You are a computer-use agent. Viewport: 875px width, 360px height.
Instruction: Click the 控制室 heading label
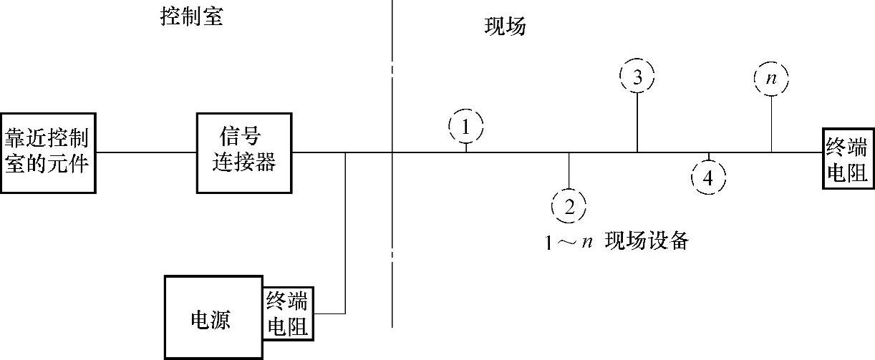pos(191,16)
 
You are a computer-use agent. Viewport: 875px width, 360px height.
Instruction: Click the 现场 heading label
pos(505,27)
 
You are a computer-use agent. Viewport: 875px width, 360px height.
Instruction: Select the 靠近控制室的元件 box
pos(48,152)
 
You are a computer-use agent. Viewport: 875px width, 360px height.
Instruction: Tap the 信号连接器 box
pos(244,152)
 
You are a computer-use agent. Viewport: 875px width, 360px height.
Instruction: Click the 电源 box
pos(211,317)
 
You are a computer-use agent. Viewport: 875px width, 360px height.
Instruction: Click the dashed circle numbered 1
pos(466,128)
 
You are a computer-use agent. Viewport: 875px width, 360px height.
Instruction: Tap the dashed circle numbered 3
pos(637,77)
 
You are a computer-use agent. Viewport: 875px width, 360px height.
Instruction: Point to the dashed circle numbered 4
pos(708,177)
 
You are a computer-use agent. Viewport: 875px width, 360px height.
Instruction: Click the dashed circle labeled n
pos(771,79)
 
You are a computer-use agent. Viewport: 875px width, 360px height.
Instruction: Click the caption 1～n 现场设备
pos(617,241)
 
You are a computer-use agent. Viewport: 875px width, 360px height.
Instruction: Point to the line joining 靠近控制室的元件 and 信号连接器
pos(147,152)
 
